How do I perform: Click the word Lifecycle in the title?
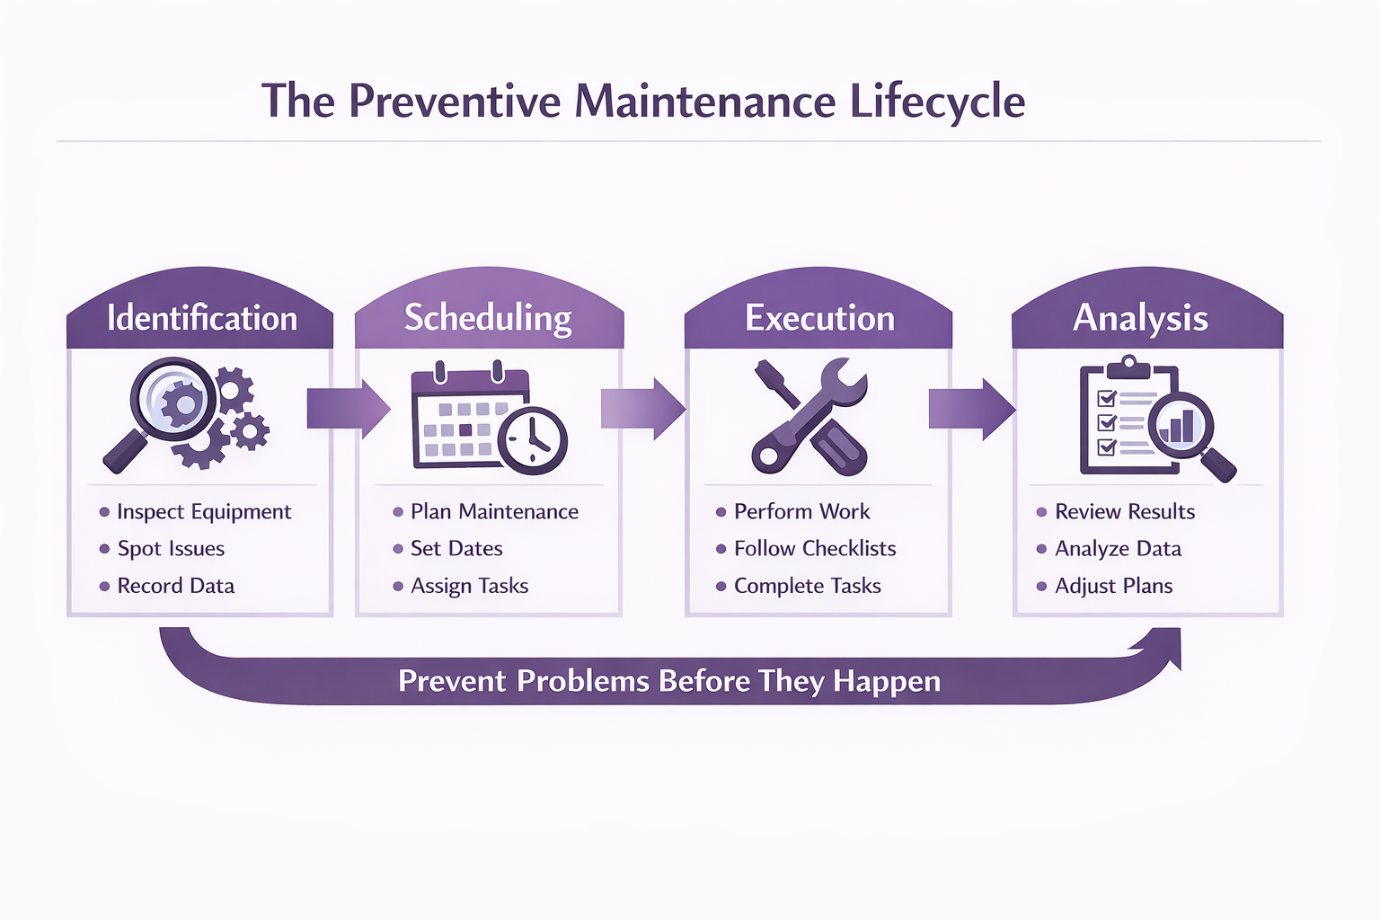click(937, 102)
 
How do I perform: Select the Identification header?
click(201, 319)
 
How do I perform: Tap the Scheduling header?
click(488, 319)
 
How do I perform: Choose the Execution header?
click(819, 319)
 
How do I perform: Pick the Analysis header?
click(1140, 319)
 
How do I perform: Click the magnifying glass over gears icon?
click(186, 413)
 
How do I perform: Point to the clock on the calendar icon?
click(533, 440)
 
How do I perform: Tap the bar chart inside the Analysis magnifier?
click(1179, 426)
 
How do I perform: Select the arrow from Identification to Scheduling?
click(348, 409)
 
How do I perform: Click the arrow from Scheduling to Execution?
click(642, 409)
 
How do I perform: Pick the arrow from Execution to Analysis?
click(971, 409)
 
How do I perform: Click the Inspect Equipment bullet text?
click(204, 512)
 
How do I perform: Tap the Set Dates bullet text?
click(456, 549)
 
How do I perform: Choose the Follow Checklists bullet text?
click(815, 549)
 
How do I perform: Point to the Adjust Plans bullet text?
click(1114, 587)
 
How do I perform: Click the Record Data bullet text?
click(176, 587)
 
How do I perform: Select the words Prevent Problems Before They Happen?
click(669, 681)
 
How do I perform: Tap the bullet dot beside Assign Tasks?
click(398, 587)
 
